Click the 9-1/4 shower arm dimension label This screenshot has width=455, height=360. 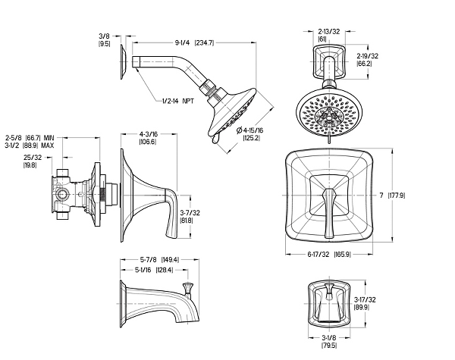pos(194,43)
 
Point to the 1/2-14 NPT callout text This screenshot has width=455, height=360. pos(178,101)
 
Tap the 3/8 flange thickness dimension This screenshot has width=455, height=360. pos(105,40)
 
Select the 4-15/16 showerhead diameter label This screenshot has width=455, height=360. pos(250,133)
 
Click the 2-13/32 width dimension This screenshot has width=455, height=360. pos(329,35)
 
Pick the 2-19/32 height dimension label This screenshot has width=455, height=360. pos(367,59)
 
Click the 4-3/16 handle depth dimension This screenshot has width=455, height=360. pos(149,138)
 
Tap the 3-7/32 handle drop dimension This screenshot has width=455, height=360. pos(190,217)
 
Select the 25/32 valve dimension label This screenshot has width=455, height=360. pos(32,161)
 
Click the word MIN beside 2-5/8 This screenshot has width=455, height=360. pos(49,137)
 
